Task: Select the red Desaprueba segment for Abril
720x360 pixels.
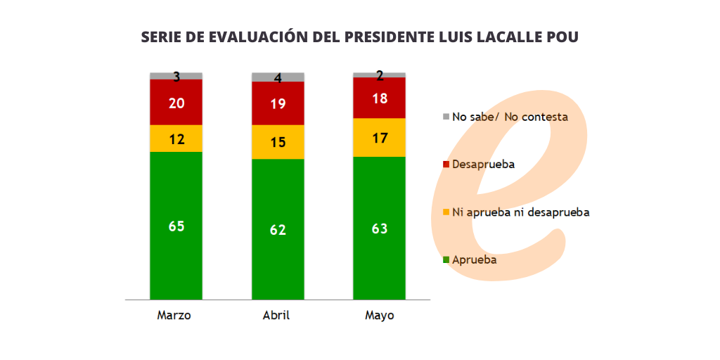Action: (278, 112)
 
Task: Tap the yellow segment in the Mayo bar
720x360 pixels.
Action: (380, 138)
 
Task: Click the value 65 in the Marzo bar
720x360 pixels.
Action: (176, 226)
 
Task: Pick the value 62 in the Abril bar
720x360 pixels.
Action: (278, 229)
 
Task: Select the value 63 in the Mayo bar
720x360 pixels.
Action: (380, 229)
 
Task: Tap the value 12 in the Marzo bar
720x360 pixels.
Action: (176, 139)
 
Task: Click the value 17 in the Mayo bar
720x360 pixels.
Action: (380, 139)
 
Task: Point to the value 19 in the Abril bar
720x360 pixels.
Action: (278, 104)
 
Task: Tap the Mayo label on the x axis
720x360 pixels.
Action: (380, 316)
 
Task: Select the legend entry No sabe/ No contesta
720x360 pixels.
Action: (509, 117)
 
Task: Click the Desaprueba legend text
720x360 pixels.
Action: (483, 165)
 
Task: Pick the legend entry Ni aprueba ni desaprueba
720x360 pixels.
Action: (520, 212)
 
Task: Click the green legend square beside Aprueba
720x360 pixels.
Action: (446, 260)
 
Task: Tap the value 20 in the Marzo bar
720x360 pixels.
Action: (176, 103)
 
